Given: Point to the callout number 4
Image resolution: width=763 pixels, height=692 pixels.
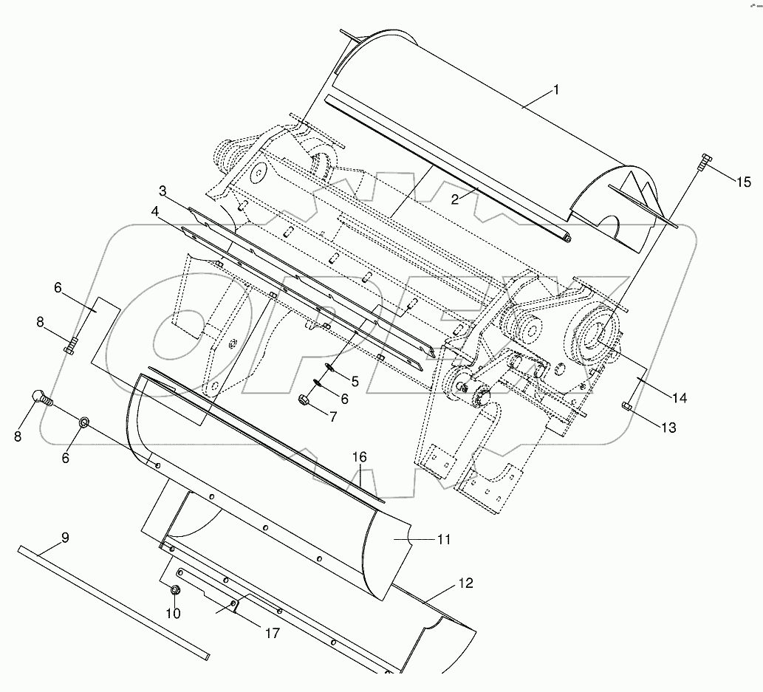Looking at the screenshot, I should click(155, 211).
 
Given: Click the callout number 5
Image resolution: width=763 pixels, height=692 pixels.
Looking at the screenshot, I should click(355, 382).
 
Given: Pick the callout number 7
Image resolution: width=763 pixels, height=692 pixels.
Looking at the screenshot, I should click(333, 417).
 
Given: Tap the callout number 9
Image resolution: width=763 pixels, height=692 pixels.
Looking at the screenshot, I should click(65, 538).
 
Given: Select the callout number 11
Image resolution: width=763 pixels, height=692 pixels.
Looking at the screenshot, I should click(442, 540).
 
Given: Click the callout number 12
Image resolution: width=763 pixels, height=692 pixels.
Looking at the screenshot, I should click(465, 583).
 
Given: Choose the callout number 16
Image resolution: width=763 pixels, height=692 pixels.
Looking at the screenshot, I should click(359, 458).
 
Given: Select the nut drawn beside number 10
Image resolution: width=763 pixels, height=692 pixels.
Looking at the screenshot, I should click(175, 590).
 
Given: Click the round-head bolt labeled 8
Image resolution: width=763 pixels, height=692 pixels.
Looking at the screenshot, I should click(40, 399).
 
